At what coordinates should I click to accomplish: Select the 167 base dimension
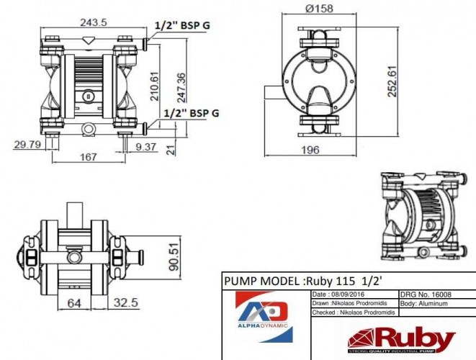(x=87, y=156)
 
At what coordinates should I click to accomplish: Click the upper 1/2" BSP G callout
(x=187, y=25)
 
